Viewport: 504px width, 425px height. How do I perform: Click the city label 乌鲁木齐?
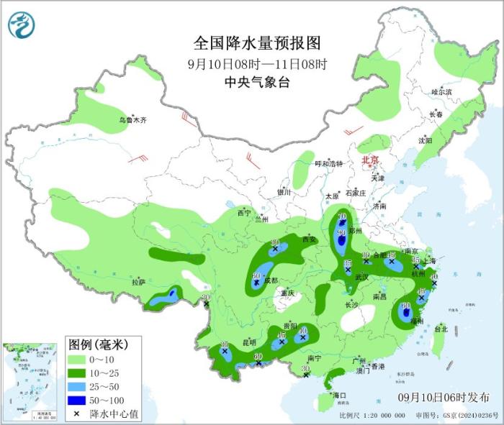click(x=132, y=120)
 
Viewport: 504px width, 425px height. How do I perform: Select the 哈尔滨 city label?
click(x=441, y=92)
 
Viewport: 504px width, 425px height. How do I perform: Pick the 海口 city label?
click(x=338, y=396)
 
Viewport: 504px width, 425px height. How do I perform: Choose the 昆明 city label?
click(x=247, y=342)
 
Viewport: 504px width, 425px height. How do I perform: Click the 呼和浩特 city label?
click(x=329, y=163)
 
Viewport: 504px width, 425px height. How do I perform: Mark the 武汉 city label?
click(x=361, y=277)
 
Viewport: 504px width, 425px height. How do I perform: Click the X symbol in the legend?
click(x=76, y=413)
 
